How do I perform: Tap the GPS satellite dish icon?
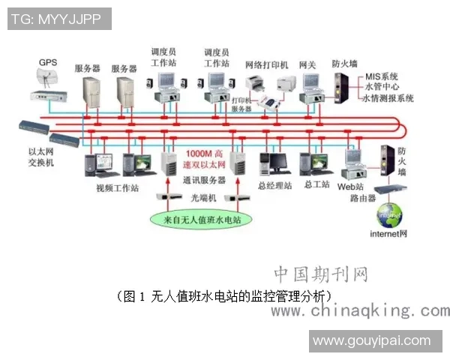[x=46, y=78]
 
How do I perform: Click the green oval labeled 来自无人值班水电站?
[x=197, y=220]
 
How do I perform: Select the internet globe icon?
[x=389, y=214]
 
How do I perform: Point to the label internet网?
[x=388, y=234]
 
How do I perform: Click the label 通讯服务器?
[x=205, y=180]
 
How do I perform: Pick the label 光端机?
[x=203, y=197]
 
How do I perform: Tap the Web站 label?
[x=351, y=186]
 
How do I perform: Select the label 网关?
[x=307, y=64]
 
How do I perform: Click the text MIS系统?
[x=382, y=76]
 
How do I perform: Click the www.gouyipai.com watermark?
[x=372, y=341]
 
